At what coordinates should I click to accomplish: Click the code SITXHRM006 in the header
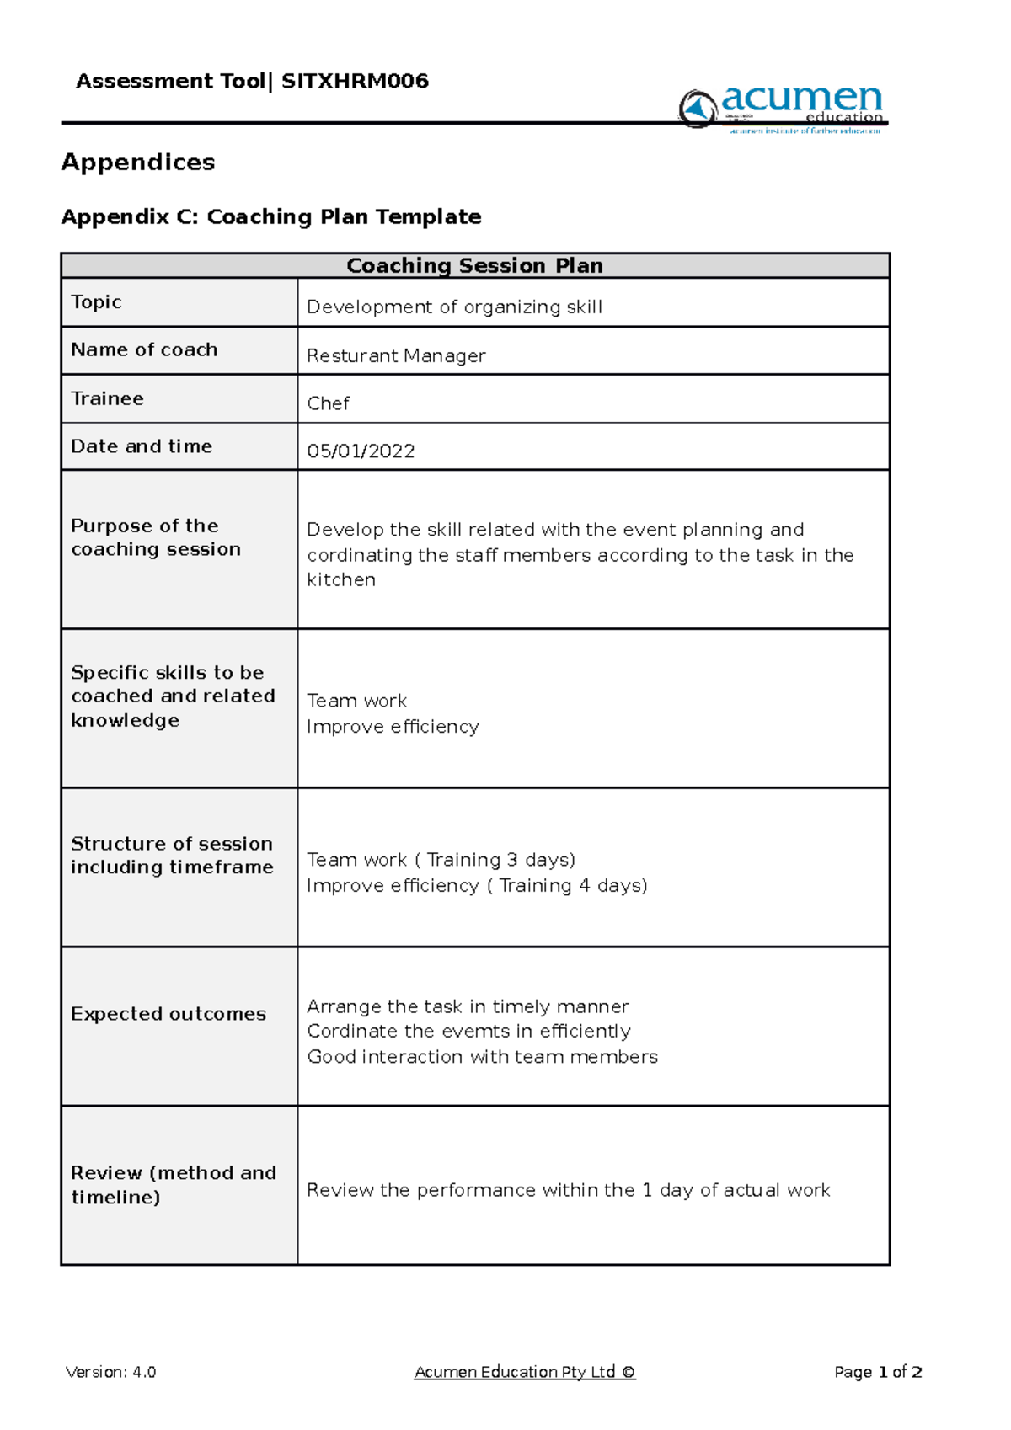tap(355, 81)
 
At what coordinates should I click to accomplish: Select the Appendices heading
tap(138, 162)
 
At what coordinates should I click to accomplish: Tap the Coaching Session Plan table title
tap(474, 265)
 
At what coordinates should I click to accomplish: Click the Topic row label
tap(96, 301)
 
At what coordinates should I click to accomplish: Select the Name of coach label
tap(144, 349)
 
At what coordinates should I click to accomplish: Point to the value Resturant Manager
tap(396, 355)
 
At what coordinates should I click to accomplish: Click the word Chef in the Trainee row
tap(328, 403)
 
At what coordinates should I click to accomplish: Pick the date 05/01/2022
tap(361, 451)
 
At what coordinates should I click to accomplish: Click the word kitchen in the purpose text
tap(341, 579)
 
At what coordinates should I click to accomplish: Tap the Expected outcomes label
tap(168, 1014)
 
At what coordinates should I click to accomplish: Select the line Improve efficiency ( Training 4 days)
tap(477, 885)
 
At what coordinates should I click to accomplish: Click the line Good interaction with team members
tap(482, 1056)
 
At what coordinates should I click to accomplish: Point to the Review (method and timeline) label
tap(173, 1184)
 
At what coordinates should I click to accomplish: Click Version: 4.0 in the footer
tap(110, 1372)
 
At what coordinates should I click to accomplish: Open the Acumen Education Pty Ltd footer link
tap(524, 1372)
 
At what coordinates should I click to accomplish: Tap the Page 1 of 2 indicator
tap(878, 1372)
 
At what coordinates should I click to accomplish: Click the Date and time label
tap(142, 446)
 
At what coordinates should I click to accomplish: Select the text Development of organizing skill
tap(454, 307)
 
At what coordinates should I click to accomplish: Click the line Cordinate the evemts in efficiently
tap(468, 1031)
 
